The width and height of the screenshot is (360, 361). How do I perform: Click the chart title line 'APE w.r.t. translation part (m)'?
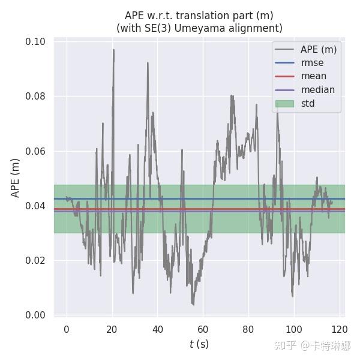199,16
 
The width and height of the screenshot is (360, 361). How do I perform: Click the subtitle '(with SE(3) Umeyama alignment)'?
199,28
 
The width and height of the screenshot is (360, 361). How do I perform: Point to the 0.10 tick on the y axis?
35,42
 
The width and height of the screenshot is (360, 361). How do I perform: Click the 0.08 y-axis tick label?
35,97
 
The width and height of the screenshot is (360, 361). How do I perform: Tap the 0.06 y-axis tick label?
35,151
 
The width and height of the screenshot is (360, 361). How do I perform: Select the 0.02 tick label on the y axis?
35,261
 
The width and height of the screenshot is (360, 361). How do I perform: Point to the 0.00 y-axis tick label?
35,315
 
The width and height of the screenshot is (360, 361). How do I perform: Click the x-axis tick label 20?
112,329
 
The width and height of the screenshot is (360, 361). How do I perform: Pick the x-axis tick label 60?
203,329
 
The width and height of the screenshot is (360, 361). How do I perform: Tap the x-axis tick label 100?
294,329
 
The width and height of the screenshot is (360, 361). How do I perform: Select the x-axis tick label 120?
340,329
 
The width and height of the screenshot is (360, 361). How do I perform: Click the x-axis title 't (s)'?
199,344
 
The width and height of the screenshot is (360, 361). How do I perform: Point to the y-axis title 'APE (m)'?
16,178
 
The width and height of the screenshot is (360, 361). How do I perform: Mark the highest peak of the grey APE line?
113,50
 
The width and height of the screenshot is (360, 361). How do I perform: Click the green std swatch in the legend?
284,104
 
